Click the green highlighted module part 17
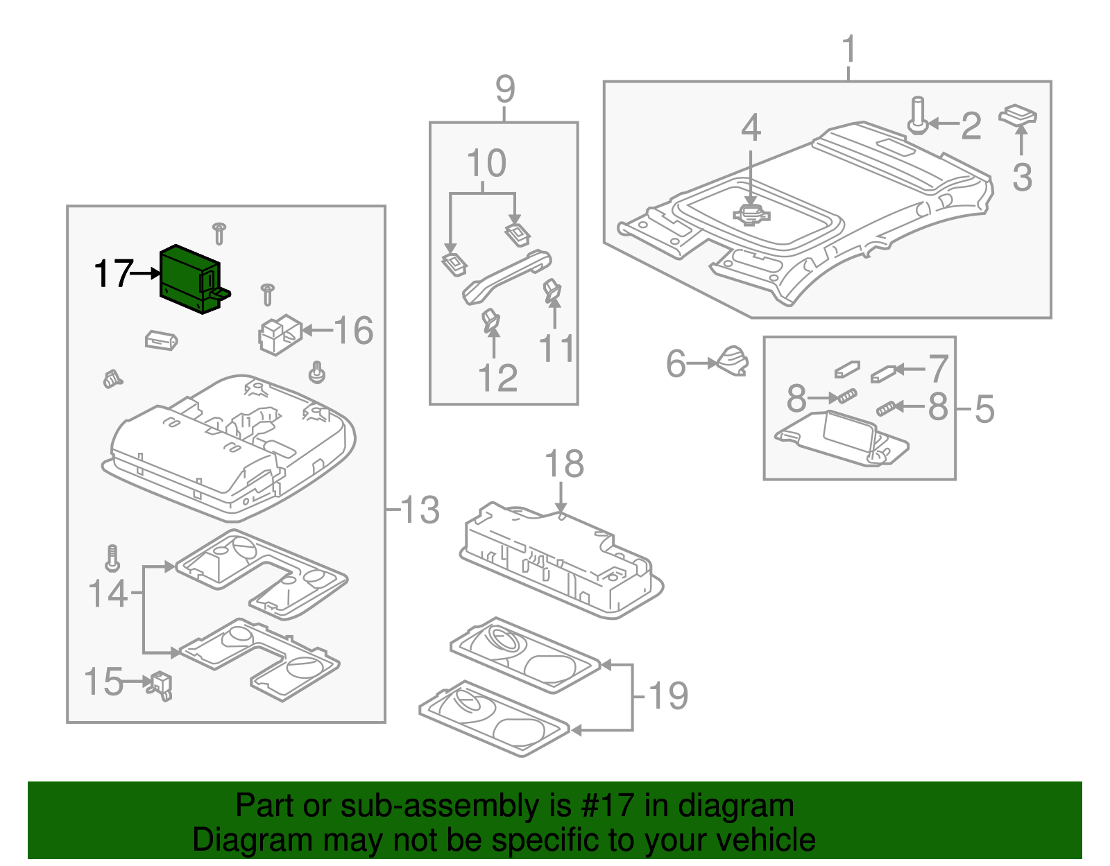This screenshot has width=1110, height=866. click(x=189, y=279)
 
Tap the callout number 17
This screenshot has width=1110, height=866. click(x=113, y=274)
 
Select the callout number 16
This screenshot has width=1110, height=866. click(x=354, y=331)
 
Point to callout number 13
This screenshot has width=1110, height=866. click(x=420, y=510)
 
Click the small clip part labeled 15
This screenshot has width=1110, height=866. click(x=162, y=684)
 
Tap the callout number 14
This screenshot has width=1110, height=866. click(x=108, y=594)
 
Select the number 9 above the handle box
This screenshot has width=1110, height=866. click(x=505, y=89)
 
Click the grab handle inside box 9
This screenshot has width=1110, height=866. click(x=506, y=277)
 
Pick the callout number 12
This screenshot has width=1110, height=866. click(x=497, y=379)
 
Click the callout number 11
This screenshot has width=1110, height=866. click(x=556, y=349)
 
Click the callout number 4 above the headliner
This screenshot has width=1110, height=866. click(x=751, y=128)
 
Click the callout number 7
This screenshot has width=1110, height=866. click(x=938, y=368)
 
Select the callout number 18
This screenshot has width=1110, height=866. click(x=563, y=464)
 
